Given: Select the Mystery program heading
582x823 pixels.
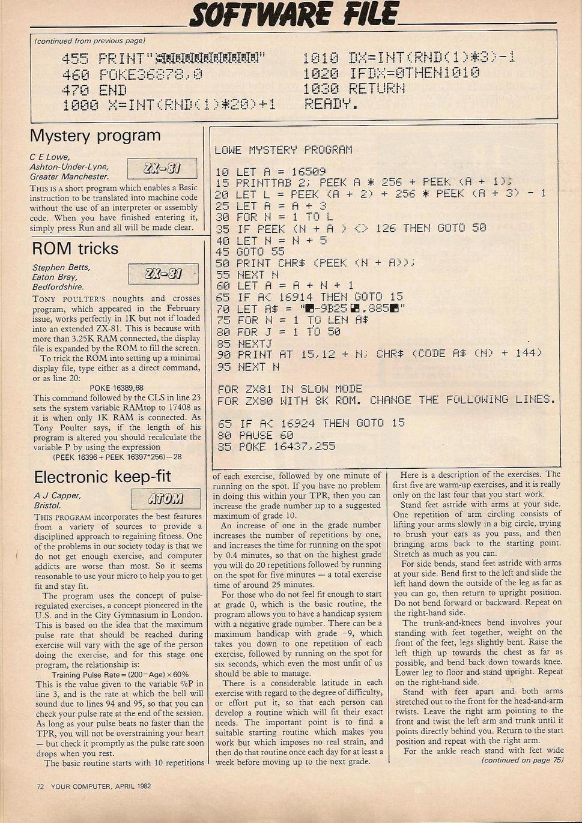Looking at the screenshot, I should (95, 136).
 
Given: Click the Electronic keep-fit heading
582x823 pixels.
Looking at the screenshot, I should (103, 477).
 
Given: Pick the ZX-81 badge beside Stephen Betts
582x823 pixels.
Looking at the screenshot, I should (163, 274).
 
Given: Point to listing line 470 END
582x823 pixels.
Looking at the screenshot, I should (94, 90).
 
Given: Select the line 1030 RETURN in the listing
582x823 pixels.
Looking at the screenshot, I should (353, 88).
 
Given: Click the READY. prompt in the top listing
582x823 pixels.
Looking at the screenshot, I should (330, 104).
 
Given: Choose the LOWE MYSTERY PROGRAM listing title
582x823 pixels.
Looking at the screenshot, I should (283, 150).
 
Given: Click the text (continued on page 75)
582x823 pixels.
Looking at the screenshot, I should (522, 759).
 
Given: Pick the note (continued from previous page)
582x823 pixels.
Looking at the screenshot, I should (90, 41).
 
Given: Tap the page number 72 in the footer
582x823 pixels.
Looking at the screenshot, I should (41, 786).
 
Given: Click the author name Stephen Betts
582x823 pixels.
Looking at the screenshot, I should (61, 267).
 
